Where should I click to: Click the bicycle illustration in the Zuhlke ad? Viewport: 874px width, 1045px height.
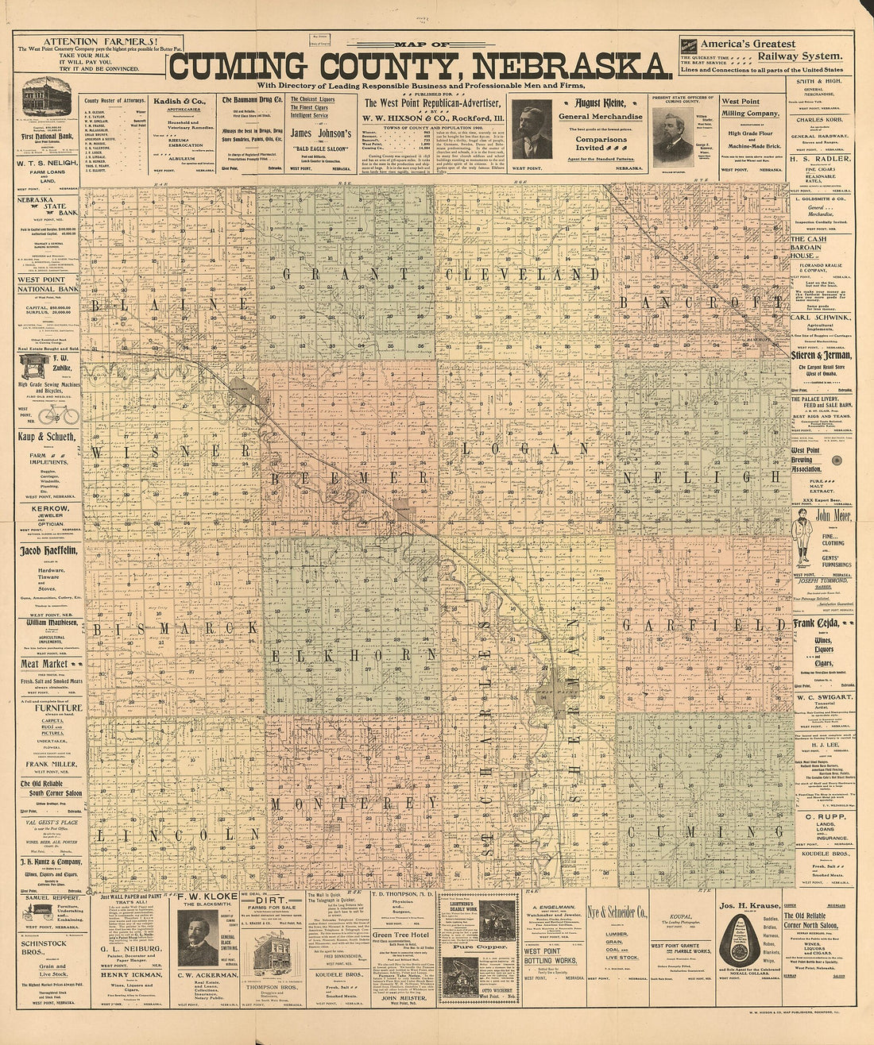58,415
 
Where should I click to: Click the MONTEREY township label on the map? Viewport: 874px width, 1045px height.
343,804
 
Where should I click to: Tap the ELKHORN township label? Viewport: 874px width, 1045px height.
354,654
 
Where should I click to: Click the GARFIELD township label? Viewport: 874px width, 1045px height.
703,626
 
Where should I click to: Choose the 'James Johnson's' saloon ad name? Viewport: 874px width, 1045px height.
311,133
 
